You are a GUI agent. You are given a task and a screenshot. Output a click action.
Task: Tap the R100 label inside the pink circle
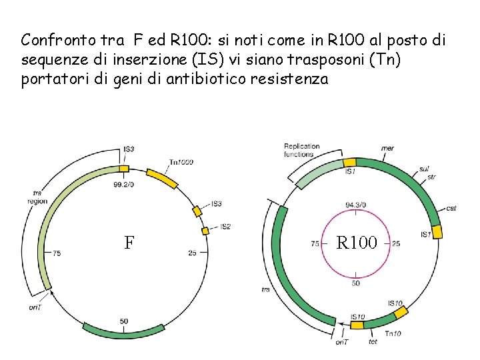coord(357,242)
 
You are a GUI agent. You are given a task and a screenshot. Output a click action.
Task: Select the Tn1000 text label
coord(182,162)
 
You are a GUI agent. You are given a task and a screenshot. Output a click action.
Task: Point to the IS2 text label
coord(225,227)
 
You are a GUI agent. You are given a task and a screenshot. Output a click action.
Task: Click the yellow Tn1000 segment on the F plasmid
coord(161,177)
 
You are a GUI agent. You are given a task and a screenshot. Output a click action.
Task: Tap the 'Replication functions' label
coord(301,150)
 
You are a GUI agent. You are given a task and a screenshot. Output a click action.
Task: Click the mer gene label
coord(387,148)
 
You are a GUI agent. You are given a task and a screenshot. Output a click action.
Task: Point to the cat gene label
coord(451,208)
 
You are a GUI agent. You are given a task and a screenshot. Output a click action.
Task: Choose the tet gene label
coord(373,342)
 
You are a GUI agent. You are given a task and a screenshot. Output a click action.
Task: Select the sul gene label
coord(425,169)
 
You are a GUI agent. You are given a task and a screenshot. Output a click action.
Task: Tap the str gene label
coord(432,177)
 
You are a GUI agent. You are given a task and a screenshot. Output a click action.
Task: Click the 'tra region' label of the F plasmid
coord(38,197)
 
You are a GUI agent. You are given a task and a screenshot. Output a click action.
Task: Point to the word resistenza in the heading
coord(291,79)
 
